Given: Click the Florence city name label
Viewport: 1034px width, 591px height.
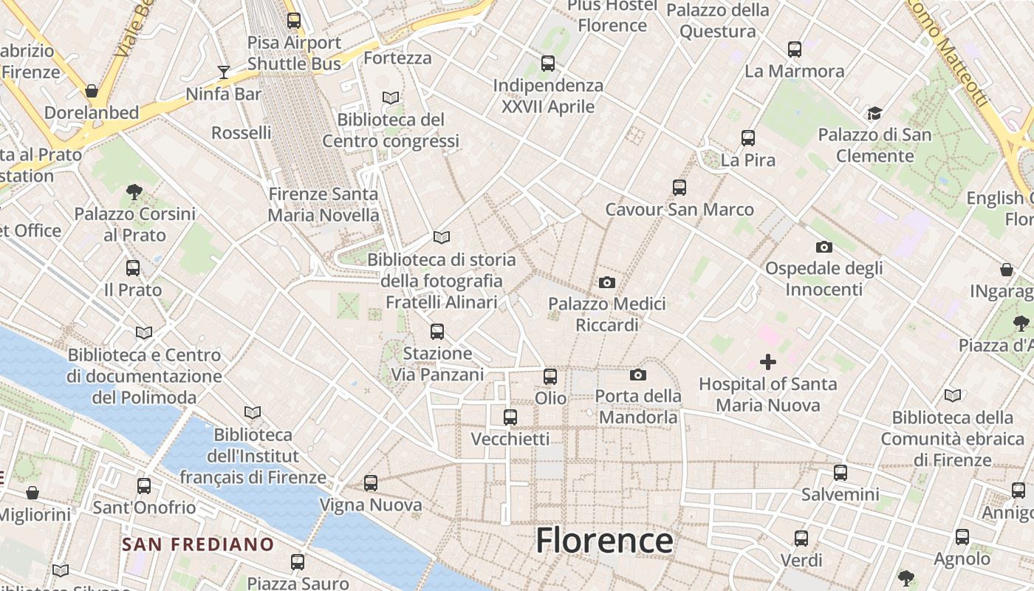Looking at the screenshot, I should point(604,541).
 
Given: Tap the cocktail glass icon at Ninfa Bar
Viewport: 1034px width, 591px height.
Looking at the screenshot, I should point(224,72).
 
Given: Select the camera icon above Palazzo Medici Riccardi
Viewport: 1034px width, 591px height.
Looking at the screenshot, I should point(607,282).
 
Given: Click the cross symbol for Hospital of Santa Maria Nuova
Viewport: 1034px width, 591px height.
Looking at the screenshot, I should point(768,362).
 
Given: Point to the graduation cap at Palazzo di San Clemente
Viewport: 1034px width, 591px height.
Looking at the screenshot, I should point(874,113).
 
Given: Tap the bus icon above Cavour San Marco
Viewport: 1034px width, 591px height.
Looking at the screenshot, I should point(679,188).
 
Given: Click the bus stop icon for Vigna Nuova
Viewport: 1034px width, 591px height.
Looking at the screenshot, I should point(371,483).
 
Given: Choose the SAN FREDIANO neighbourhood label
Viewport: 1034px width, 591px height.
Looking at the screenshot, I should point(198,545).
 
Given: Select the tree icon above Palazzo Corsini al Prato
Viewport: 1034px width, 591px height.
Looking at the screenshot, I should point(134,192).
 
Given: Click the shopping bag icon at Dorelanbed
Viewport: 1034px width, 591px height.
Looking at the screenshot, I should point(92,91).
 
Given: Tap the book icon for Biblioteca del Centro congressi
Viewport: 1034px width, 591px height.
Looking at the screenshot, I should point(391,98).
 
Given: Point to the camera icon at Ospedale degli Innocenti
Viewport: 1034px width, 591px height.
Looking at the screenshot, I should point(824,247).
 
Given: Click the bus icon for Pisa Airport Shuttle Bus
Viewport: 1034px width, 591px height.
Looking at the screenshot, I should point(294,21).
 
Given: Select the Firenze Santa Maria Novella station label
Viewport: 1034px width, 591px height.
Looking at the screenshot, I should point(323,205).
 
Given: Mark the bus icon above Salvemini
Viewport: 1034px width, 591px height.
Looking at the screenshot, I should point(840,473).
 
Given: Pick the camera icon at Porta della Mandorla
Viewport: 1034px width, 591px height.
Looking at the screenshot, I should point(638,375).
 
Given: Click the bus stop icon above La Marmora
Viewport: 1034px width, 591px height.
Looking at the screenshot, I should point(795,49).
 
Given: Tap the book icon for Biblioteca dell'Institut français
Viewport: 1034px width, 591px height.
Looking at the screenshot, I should point(253,413).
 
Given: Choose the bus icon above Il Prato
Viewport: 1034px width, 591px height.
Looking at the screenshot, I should point(133,268).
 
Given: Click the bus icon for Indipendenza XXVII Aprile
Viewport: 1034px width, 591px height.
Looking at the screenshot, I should point(548,64).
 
